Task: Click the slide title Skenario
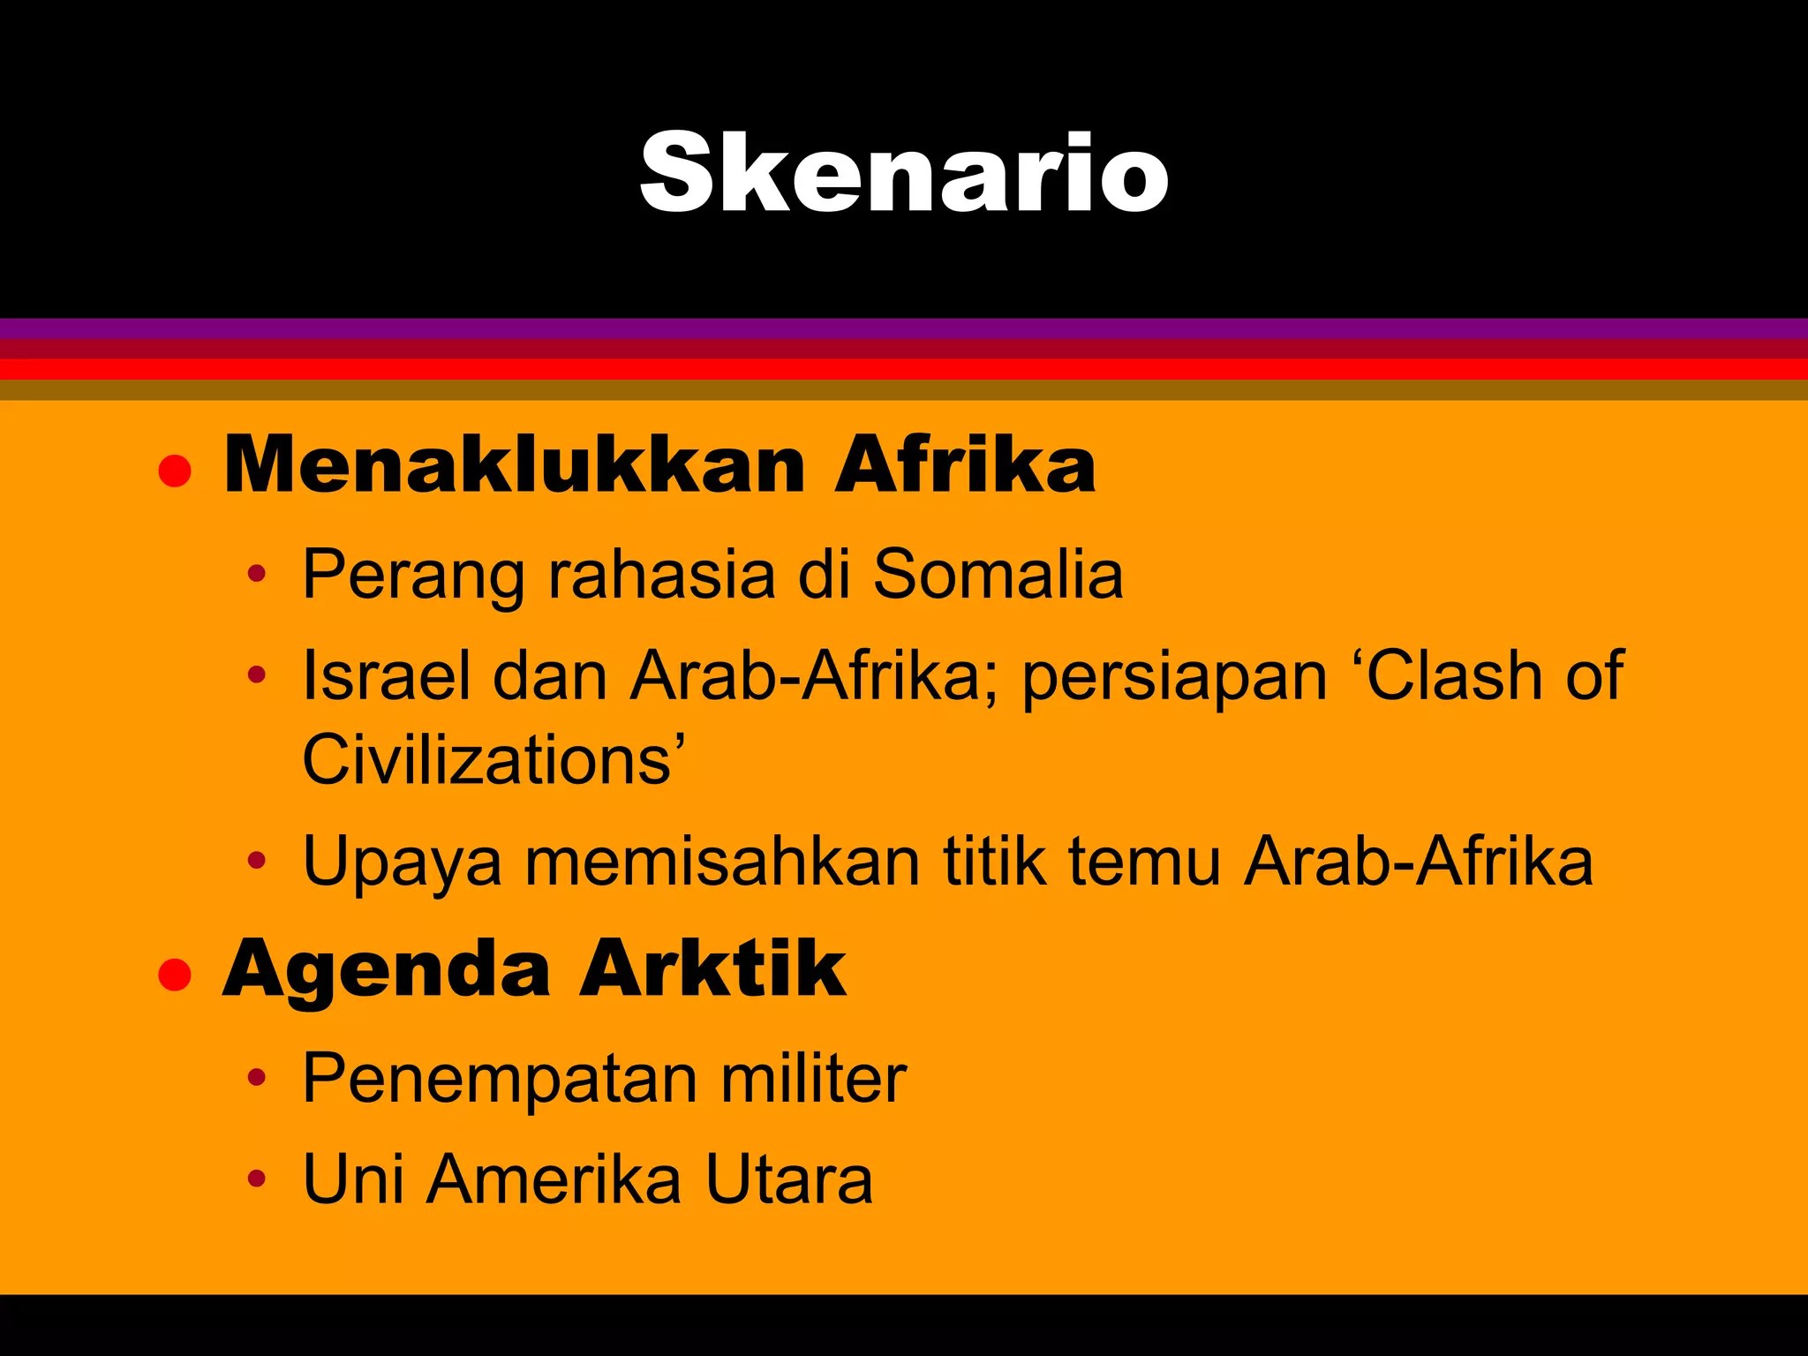[x=904, y=172]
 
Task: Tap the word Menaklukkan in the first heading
[x=515, y=465]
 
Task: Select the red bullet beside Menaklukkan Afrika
[x=175, y=471]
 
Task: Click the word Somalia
[x=998, y=575]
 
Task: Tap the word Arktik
[x=712, y=969]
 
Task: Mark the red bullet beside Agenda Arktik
[x=175, y=976]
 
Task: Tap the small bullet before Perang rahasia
[x=256, y=575]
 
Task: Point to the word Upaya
[x=402, y=863]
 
